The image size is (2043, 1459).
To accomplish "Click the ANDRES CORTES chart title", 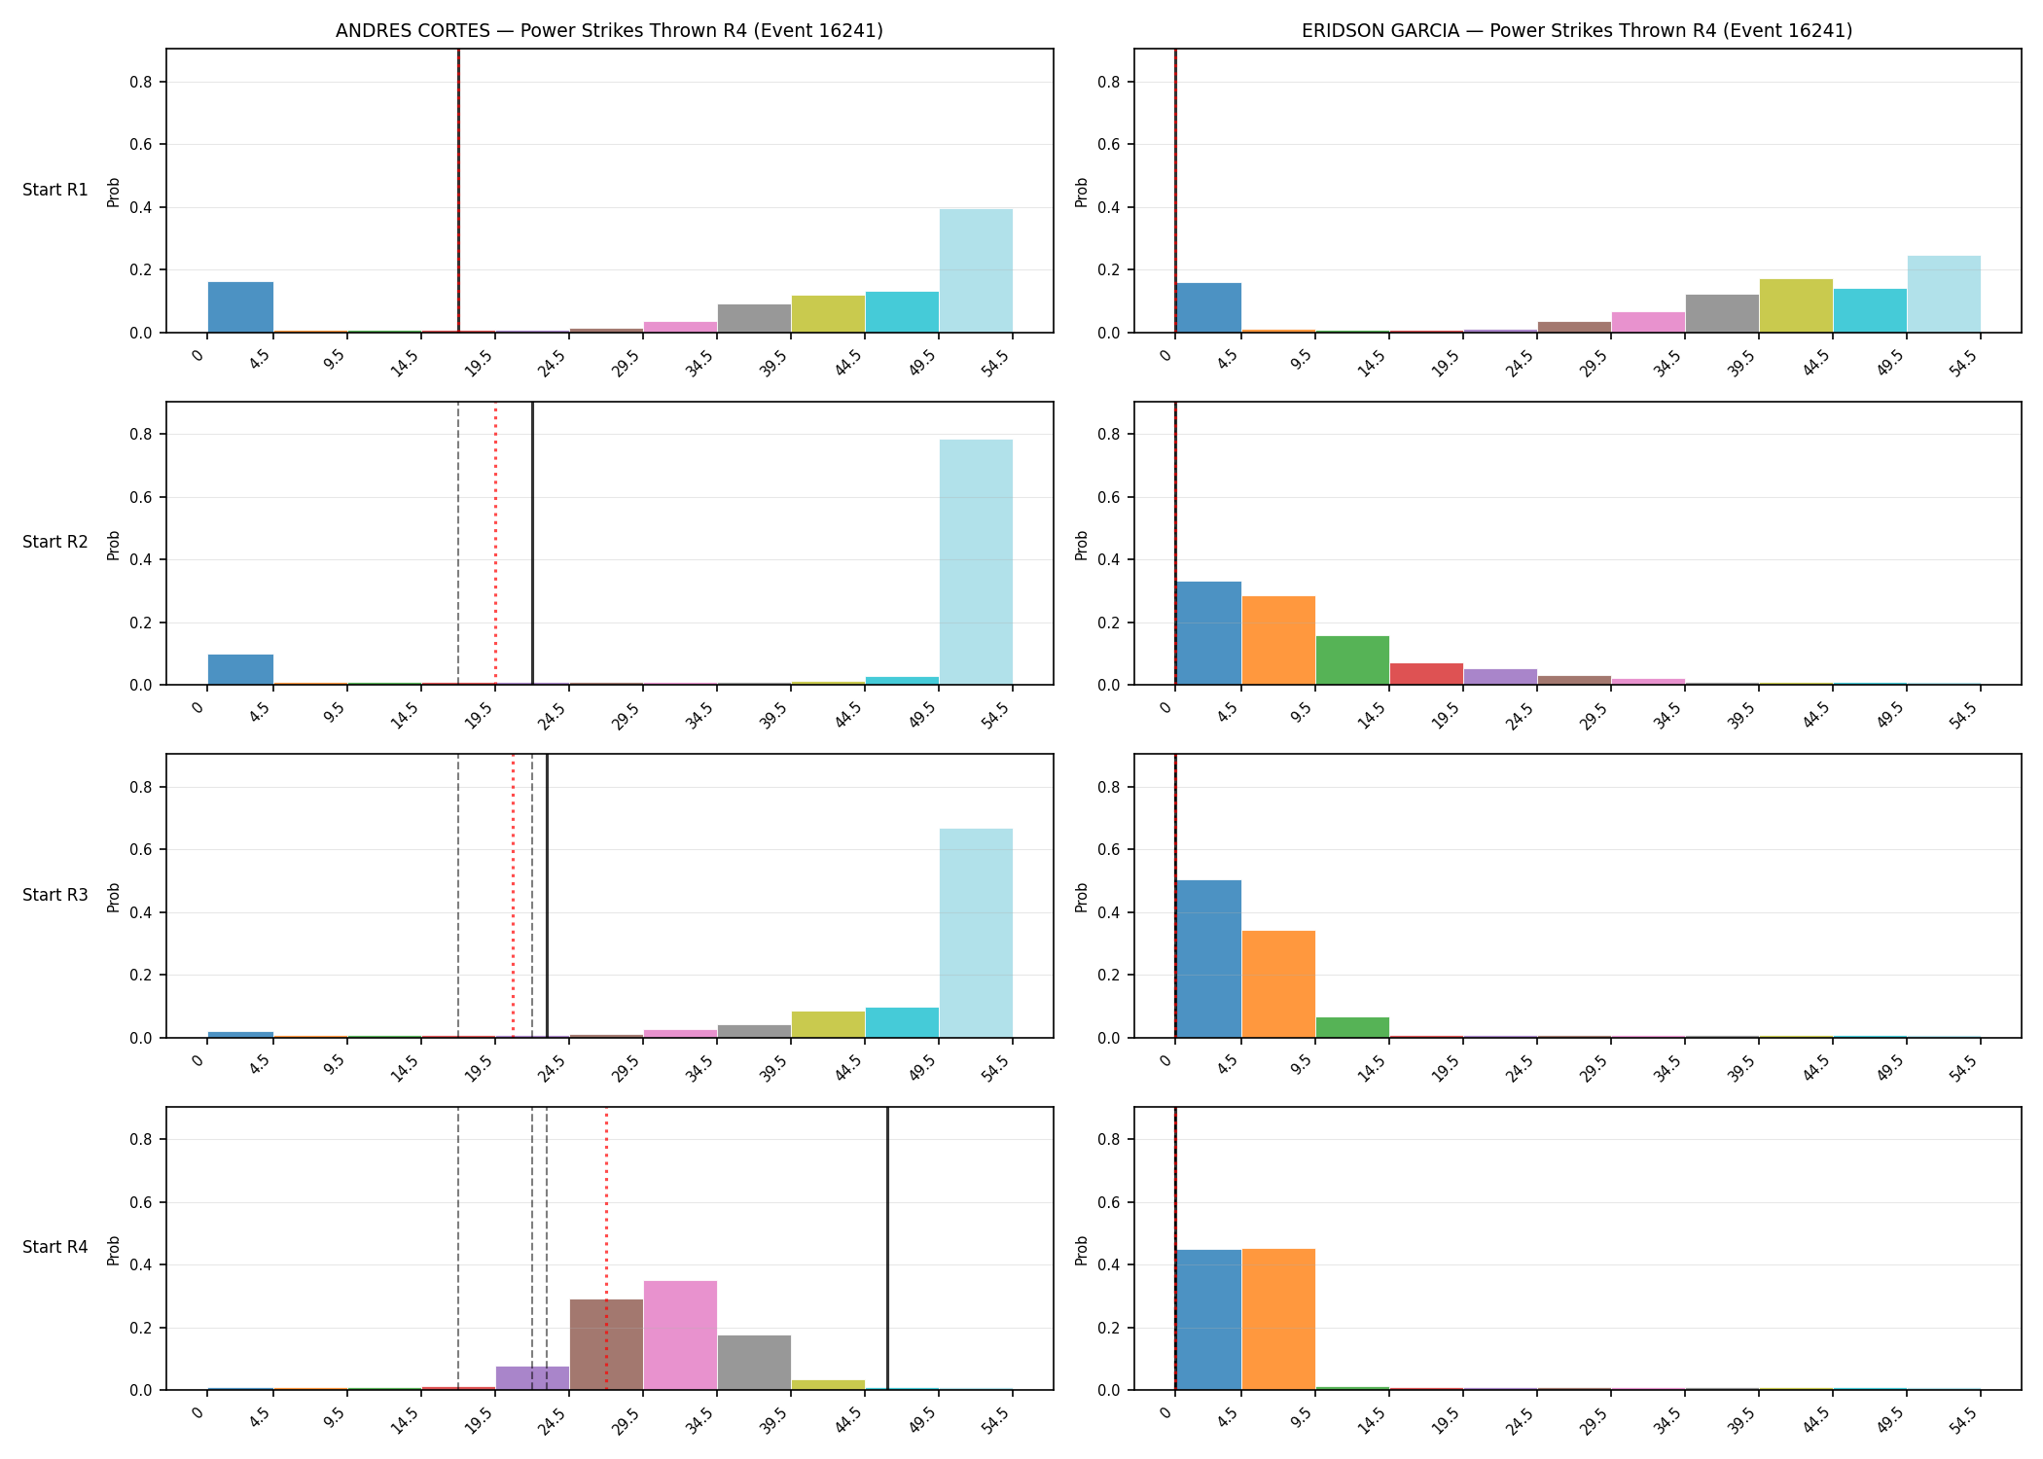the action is (609, 30).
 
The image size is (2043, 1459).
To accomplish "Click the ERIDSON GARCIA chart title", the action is (1577, 30).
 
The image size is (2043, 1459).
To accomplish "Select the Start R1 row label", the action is (55, 190).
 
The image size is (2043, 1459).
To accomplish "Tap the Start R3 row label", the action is (55, 895).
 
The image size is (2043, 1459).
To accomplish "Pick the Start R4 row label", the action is (55, 1247).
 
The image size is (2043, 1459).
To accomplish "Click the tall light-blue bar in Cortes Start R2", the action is (976, 562).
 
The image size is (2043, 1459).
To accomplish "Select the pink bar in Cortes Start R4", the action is (680, 1335).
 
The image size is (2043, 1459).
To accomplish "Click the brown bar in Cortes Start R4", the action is (606, 1344).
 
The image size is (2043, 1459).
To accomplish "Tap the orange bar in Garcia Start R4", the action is (1278, 1319).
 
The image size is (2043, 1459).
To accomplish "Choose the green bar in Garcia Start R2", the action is (1352, 660).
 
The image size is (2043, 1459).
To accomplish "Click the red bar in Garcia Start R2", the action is (1426, 674).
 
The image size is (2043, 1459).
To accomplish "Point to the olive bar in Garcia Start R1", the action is (1796, 305).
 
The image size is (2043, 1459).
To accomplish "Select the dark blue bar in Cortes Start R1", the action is (240, 307).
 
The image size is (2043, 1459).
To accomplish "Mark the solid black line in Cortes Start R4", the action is (887, 1249).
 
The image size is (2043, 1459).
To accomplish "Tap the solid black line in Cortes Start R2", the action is (532, 544).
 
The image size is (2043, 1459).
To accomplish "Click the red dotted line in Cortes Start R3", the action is (513, 896).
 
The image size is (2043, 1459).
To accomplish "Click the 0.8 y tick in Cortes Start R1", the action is (141, 82).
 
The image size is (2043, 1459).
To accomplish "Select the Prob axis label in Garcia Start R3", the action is (1081, 897).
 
